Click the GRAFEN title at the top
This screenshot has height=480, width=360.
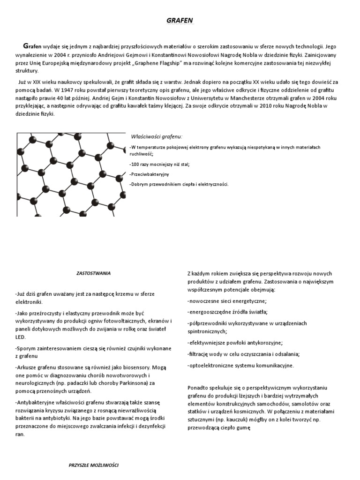click(x=180, y=21)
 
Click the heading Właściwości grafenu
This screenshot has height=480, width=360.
click(x=156, y=136)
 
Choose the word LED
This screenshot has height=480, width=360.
click(x=21, y=337)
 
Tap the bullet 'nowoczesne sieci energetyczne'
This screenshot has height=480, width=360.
click(x=227, y=300)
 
